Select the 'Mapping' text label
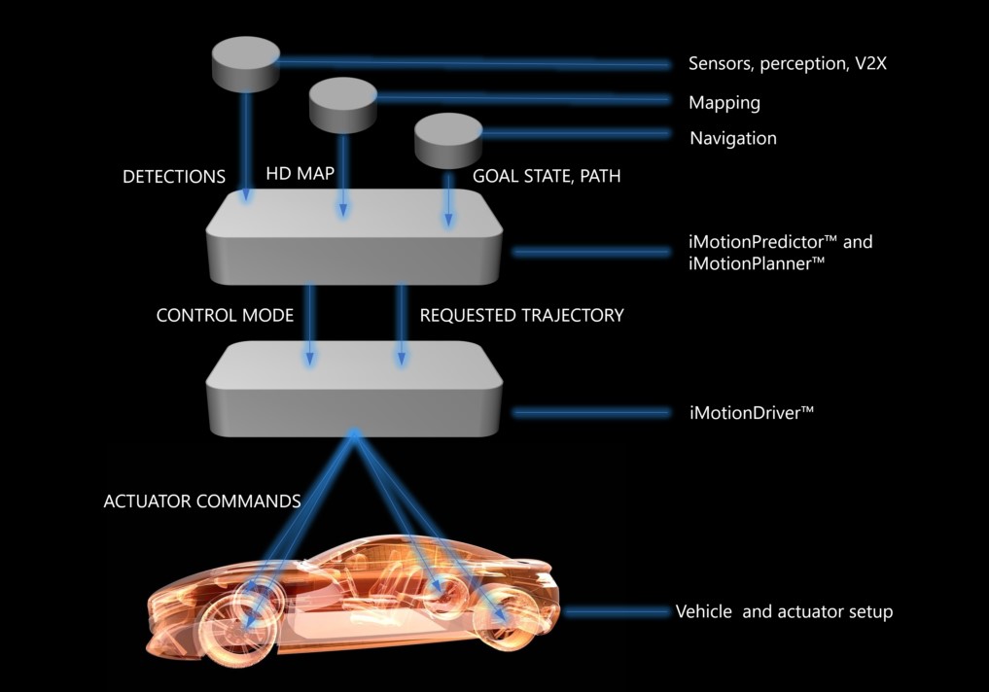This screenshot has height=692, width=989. (724, 102)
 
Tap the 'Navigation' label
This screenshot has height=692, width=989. (733, 138)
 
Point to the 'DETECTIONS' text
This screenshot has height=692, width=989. (174, 177)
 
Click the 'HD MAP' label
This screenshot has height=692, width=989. (300, 175)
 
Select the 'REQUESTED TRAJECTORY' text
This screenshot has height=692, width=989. (521, 316)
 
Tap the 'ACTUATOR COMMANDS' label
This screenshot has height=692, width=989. (202, 502)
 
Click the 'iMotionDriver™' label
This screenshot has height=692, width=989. (751, 413)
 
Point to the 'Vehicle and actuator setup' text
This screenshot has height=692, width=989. (784, 612)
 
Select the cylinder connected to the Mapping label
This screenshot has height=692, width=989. (342, 104)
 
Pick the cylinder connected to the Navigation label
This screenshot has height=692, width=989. (448, 140)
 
